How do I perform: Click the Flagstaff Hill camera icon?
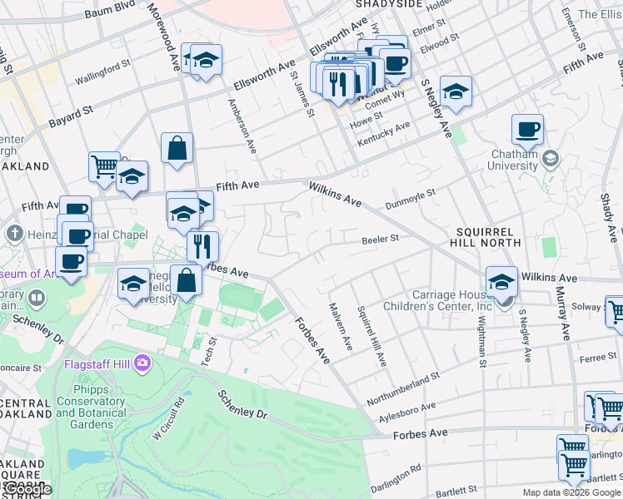click(x=143, y=363)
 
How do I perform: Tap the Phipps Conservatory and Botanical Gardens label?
click(x=91, y=401)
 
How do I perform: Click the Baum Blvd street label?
click(x=115, y=7)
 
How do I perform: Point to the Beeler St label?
click(x=381, y=239)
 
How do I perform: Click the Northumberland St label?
click(x=406, y=381)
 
